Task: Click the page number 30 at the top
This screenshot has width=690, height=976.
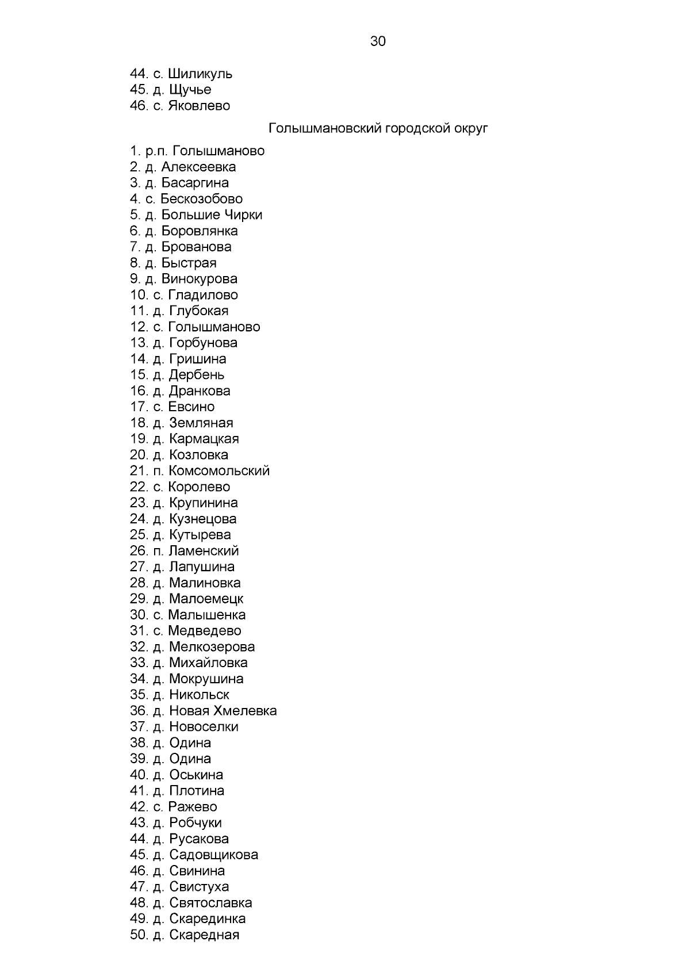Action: point(378,41)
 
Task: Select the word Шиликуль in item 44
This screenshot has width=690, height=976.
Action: point(200,74)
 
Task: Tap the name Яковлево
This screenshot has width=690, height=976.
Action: point(199,106)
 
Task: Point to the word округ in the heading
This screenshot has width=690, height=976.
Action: point(470,128)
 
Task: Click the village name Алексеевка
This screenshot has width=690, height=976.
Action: point(198,167)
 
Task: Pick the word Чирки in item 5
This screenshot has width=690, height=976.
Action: point(243,215)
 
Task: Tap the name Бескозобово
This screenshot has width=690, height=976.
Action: point(201,199)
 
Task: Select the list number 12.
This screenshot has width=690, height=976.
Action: point(139,327)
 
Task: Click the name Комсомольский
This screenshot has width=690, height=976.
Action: point(219,471)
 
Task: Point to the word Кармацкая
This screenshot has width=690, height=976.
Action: point(204,439)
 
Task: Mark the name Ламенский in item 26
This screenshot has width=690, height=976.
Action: point(204,551)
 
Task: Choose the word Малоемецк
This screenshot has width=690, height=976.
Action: point(206,599)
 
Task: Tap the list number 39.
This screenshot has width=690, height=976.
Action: point(139,759)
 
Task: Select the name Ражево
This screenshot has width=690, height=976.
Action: point(193,807)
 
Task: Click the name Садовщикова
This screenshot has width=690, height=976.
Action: point(213,855)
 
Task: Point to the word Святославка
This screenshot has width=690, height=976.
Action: point(210,903)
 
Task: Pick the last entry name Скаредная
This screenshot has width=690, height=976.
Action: point(204,935)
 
